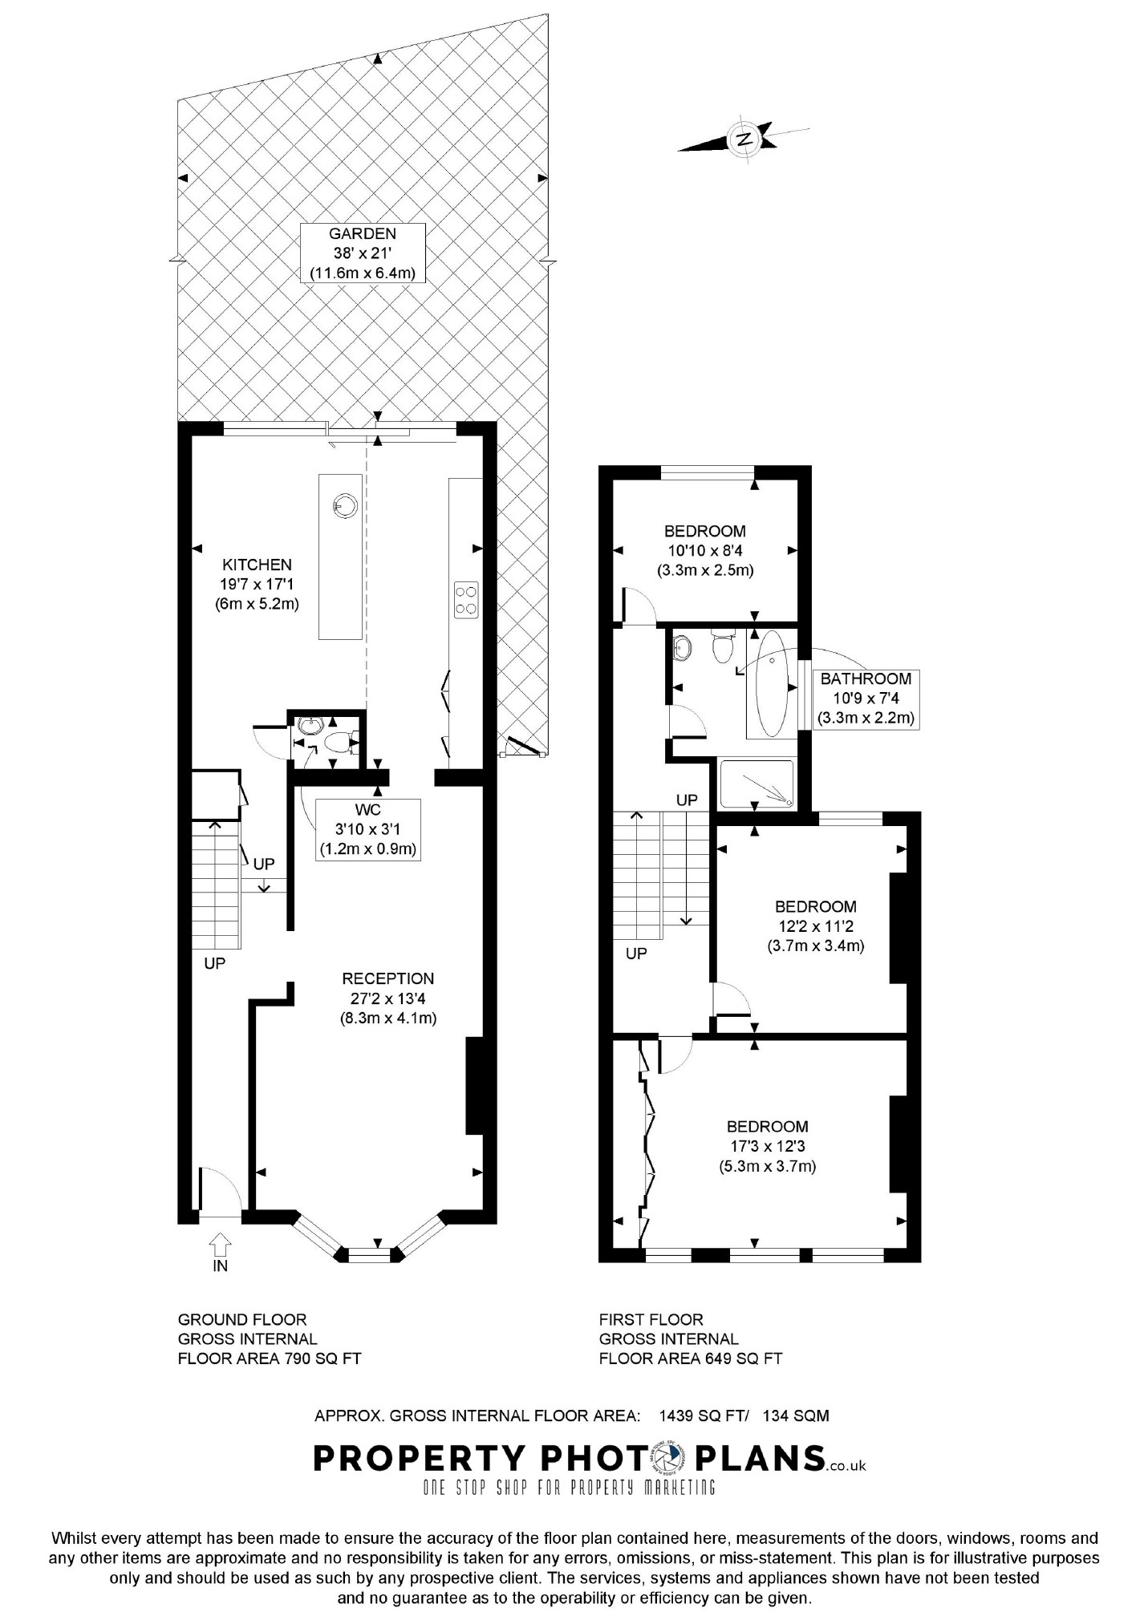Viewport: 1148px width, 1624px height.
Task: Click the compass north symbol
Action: tap(744, 138)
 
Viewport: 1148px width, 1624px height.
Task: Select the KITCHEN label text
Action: tap(257, 565)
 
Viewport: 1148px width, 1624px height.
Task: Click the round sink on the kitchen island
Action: tap(344, 505)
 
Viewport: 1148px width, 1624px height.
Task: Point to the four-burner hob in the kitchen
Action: tap(466, 599)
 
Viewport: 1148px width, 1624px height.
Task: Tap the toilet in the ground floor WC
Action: tap(344, 742)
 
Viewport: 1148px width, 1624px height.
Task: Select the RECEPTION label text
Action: tap(388, 978)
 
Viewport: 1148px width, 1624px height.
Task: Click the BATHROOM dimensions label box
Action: tap(866, 699)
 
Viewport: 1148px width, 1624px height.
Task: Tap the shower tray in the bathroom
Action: tap(757, 784)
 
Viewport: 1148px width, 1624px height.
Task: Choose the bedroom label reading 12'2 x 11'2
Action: tap(815, 926)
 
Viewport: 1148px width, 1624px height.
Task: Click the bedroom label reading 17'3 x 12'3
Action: tap(768, 1147)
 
